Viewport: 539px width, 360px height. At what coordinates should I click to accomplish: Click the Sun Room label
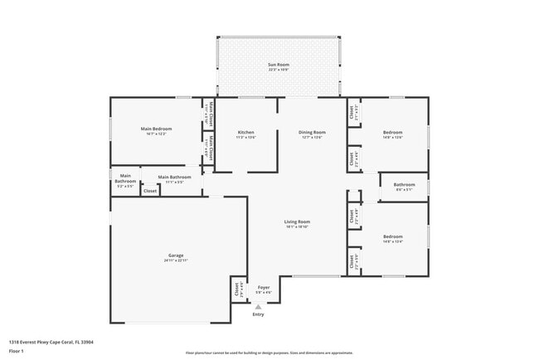tap(278, 65)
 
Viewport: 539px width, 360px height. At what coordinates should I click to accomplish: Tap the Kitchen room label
tap(245, 133)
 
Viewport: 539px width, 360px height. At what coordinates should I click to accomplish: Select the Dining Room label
tap(312, 133)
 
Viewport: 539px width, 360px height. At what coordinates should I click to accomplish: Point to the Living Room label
tap(297, 221)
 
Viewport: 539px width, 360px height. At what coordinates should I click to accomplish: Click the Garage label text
tap(176, 255)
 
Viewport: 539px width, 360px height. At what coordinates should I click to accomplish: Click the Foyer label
tap(264, 288)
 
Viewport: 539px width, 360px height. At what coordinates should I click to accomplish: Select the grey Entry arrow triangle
tap(258, 306)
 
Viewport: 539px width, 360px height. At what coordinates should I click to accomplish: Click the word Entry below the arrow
tap(258, 314)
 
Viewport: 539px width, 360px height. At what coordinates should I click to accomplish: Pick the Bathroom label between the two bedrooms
tap(404, 184)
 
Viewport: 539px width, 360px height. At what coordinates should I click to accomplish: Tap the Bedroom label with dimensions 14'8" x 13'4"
tap(392, 236)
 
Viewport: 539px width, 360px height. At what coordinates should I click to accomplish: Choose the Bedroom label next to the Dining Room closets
tap(392, 133)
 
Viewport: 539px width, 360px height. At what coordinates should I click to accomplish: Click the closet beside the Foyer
tap(236, 290)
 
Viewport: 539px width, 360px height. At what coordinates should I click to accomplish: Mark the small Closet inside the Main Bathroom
tap(150, 191)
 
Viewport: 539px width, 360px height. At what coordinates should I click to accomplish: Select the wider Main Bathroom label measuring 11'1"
tap(175, 177)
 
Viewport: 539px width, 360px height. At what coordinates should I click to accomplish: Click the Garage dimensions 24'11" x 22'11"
tap(176, 260)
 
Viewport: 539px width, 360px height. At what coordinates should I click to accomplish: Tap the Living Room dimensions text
tap(297, 226)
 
